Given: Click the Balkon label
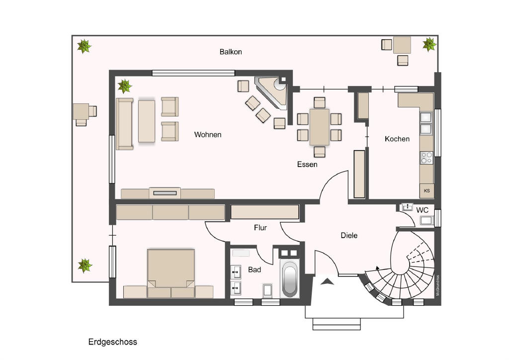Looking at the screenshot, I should click(231, 52).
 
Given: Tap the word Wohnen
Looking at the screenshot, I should click(208, 135).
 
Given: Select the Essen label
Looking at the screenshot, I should click(307, 164).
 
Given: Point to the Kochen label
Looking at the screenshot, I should click(397, 139).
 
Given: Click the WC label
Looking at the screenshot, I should click(422, 210).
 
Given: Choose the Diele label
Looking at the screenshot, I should click(349, 235).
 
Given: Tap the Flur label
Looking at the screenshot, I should click(260, 228).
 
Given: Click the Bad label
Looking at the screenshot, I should click(254, 270).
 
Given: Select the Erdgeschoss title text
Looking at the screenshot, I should click(112, 342).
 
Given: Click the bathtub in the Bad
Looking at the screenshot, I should click(289, 279).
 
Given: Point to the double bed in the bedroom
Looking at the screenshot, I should click(170, 271).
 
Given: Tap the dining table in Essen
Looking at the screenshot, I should click(319, 127).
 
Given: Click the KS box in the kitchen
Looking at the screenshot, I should click(426, 190).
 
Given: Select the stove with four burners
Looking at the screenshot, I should click(426, 158).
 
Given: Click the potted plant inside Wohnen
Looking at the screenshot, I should click(124, 87).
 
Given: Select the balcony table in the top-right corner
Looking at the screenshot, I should click(402, 46).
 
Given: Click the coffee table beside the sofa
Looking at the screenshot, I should click(147, 121).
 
